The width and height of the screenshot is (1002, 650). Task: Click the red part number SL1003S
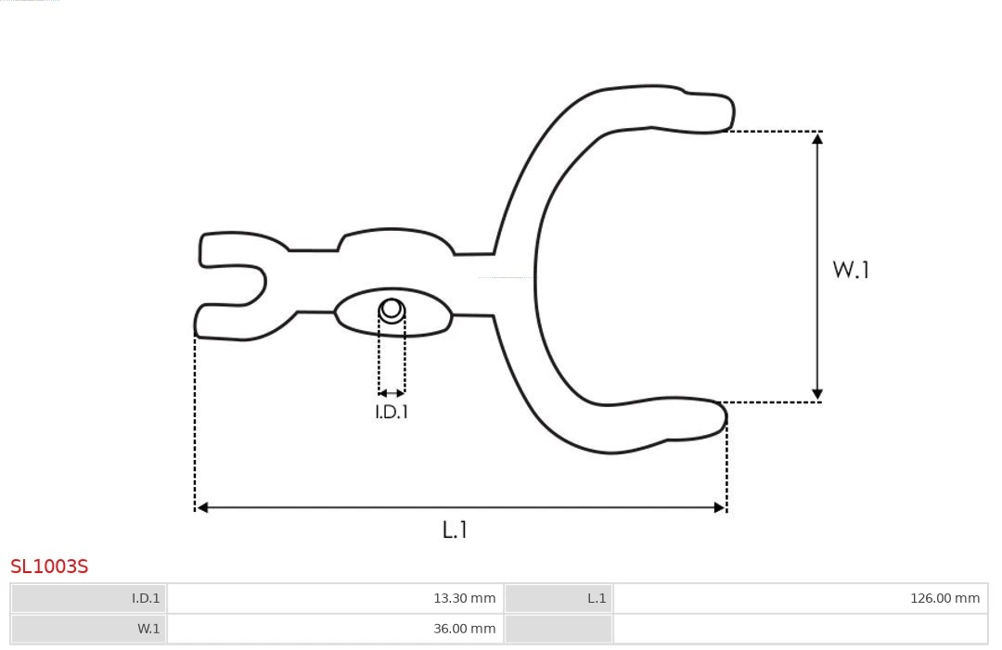click(x=49, y=567)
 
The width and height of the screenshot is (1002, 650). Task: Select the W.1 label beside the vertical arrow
click(x=851, y=270)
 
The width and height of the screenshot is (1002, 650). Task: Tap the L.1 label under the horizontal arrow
click(x=455, y=530)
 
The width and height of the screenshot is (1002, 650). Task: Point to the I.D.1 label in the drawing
click(x=392, y=413)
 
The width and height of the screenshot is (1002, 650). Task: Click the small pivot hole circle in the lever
click(x=392, y=309)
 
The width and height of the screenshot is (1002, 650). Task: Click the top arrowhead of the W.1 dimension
click(x=817, y=139)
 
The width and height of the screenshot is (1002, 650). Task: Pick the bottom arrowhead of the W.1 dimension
click(x=817, y=394)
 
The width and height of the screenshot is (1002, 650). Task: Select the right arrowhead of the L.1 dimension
click(x=719, y=507)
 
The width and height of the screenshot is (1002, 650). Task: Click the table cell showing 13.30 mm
click(x=336, y=598)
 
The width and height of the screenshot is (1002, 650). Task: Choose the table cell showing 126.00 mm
click(x=800, y=598)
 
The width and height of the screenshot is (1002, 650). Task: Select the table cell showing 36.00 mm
click(x=336, y=629)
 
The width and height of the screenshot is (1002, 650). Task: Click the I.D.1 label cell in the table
click(x=89, y=598)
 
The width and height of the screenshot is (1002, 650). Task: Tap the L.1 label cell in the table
click(x=558, y=598)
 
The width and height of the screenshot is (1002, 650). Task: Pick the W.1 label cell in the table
click(x=89, y=629)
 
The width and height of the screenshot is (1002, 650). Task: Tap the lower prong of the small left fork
click(x=219, y=321)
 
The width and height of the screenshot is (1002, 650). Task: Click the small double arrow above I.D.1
click(x=392, y=394)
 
